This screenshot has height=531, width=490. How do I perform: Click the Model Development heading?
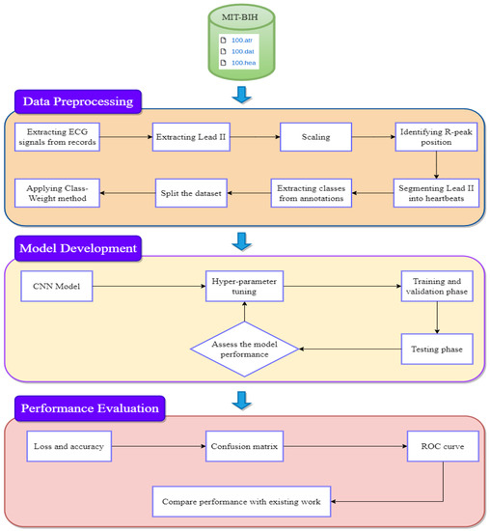pos(78,249)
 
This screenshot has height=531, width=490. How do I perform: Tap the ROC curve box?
pos(438,447)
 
